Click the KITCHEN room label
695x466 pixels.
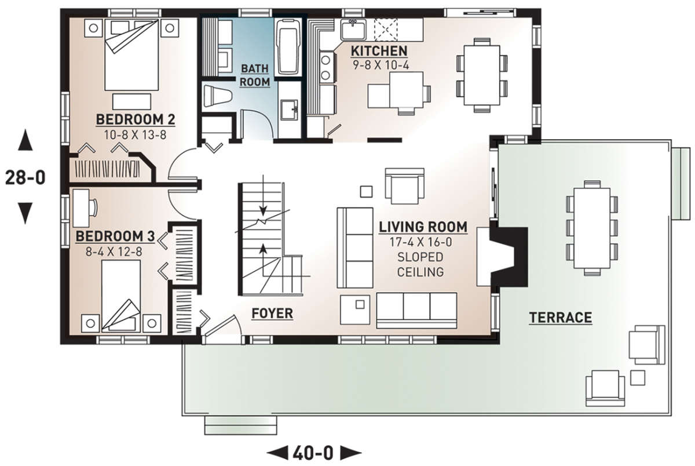tap(379, 51)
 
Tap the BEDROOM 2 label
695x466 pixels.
tap(136, 119)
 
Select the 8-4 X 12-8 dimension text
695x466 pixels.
tap(114, 252)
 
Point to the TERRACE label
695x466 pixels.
tap(561, 318)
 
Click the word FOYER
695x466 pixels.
tap(272, 314)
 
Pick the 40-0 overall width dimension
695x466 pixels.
tap(313, 453)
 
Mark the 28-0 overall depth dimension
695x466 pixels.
tap(25, 178)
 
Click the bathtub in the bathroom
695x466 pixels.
tap(288, 47)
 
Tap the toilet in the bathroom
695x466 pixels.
tap(218, 96)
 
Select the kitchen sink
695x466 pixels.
tap(353, 30)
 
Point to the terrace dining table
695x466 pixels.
tap(592, 228)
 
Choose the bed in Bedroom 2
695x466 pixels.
tap(131, 55)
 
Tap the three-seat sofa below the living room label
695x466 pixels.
tap(416, 311)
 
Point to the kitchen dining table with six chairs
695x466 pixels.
tap(482, 75)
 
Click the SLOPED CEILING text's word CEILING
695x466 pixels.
tap(420, 272)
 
